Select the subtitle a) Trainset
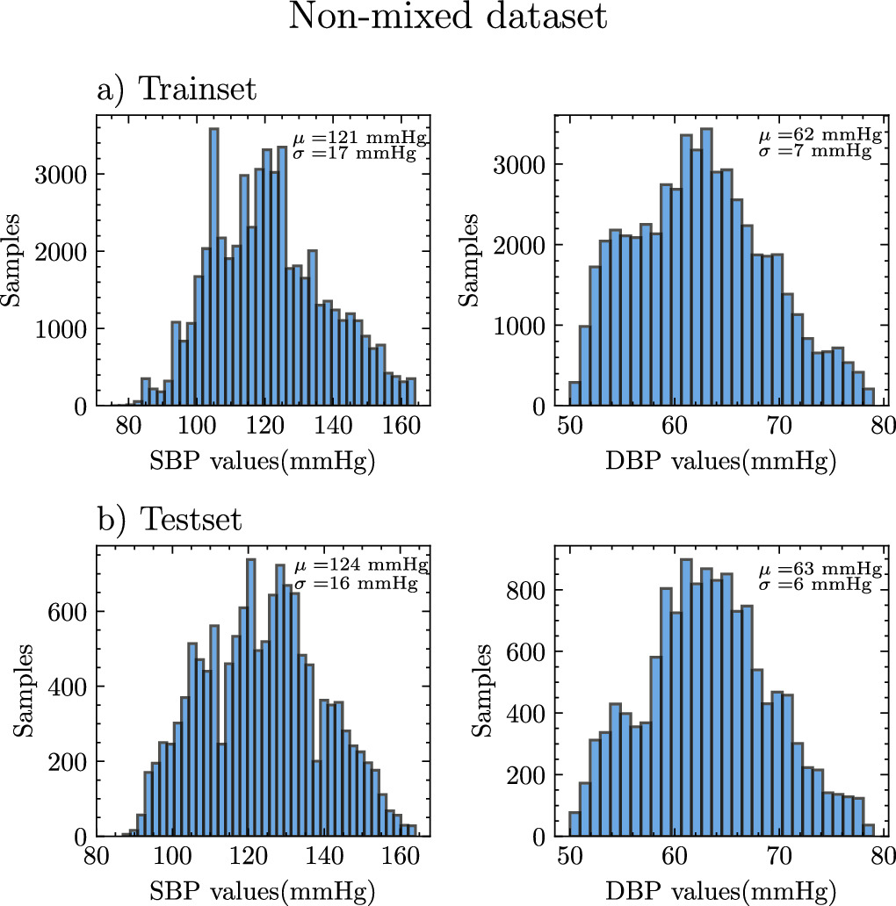pos(177,90)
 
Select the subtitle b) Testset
pos(170,519)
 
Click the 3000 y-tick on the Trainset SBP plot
pos(62,173)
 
